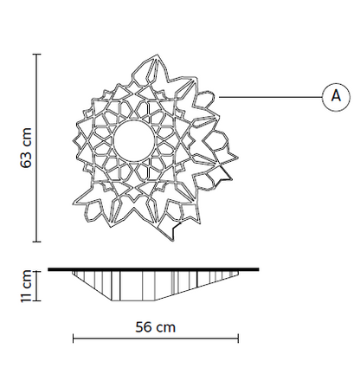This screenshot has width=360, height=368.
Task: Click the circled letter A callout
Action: pyautogui.click(x=336, y=97)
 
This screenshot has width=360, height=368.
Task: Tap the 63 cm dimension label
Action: pyautogui.click(x=26, y=148)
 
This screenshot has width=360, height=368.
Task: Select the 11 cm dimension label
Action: pyautogui.click(x=26, y=286)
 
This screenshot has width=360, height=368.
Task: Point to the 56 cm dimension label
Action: pyautogui.click(x=156, y=327)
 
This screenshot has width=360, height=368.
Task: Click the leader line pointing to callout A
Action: pyautogui.click(x=271, y=97)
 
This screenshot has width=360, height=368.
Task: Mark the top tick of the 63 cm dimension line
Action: pyautogui.click(x=36, y=54)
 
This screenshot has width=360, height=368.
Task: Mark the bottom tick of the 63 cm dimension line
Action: pyautogui.click(x=36, y=242)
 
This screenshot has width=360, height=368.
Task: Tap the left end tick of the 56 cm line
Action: pyautogui.click(x=74, y=339)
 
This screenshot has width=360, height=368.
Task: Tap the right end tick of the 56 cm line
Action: pyautogui.click(x=238, y=339)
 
